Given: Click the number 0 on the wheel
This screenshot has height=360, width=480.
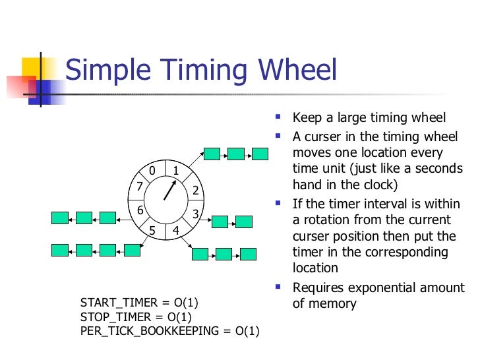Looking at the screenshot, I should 152,171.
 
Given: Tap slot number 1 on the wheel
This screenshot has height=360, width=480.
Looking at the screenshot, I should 176,171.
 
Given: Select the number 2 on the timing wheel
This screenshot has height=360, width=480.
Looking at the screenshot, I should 195,191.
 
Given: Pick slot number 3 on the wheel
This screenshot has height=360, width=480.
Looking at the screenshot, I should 195,214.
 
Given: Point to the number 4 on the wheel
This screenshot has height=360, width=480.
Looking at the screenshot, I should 175,231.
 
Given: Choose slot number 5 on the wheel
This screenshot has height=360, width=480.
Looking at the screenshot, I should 152,231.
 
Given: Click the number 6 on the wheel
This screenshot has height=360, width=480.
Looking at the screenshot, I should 140,210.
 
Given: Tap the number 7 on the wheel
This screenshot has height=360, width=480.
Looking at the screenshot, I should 139,186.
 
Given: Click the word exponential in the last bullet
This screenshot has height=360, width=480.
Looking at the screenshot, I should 376,288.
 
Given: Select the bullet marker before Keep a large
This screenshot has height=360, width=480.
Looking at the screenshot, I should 278,117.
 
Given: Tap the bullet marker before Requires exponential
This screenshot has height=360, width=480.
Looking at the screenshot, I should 278,287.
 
